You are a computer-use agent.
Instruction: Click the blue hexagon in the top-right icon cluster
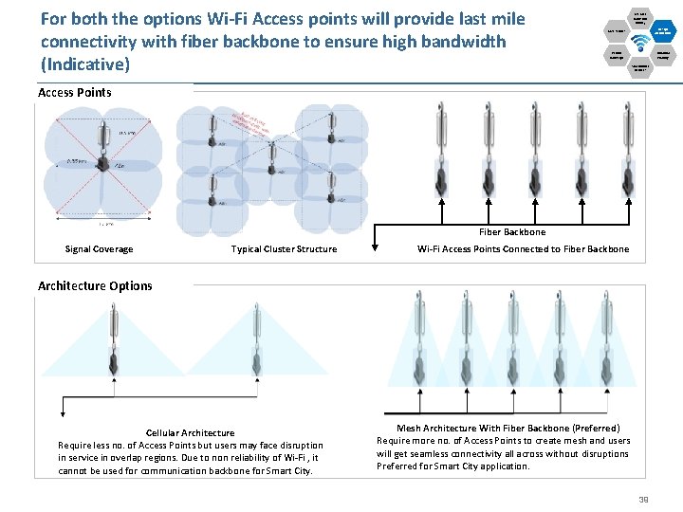pyautogui.click(x=663, y=30)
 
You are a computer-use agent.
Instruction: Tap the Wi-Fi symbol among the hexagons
pyautogui.click(x=640, y=42)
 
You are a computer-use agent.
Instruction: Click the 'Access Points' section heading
pyautogui.click(x=75, y=92)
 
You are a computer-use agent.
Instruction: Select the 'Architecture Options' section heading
pyautogui.click(x=95, y=285)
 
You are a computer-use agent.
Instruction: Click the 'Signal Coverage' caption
pyautogui.click(x=99, y=249)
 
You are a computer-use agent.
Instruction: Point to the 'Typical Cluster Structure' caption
pyautogui.click(x=284, y=249)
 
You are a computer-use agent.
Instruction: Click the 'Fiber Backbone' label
pyautogui.click(x=512, y=231)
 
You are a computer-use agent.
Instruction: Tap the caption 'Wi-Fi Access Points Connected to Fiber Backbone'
pyautogui.click(x=523, y=249)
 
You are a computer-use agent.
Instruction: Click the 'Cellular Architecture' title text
pyautogui.click(x=190, y=433)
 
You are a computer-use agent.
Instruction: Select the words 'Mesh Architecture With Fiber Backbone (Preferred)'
pyautogui.click(x=508, y=429)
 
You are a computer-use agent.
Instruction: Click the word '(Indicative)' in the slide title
pyautogui.click(x=85, y=64)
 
